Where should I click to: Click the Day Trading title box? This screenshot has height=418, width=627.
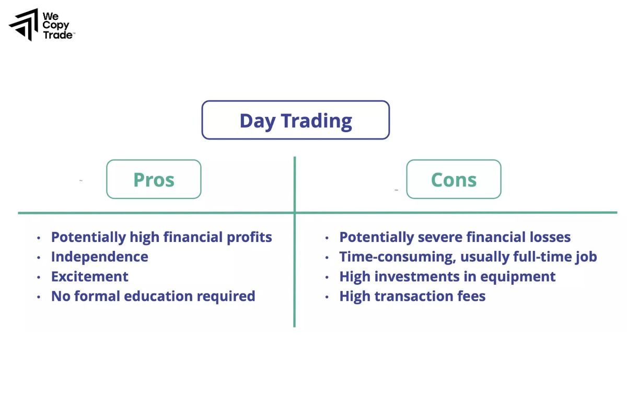click(295, 120)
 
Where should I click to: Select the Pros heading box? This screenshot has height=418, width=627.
click(154, 179)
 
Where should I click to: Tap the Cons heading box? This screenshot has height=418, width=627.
click(454, 179)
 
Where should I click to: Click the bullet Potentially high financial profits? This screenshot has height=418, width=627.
click(161, 237)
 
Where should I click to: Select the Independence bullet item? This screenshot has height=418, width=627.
click(99, 257)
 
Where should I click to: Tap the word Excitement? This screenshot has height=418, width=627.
click(89, 276)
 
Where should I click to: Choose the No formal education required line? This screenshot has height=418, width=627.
click(153, 296)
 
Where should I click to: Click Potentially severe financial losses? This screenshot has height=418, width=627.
click(455, 237)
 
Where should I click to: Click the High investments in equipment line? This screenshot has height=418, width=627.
click(447, 276)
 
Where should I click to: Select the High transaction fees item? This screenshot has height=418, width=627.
click(412, 296)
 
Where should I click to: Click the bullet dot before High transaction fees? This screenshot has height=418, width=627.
click(327, 297)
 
